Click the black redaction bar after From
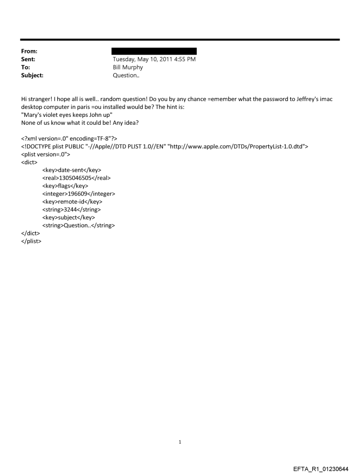pyautogui.click(x=154, y=51)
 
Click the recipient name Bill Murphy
pyautogui.click(x=128, y=67)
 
